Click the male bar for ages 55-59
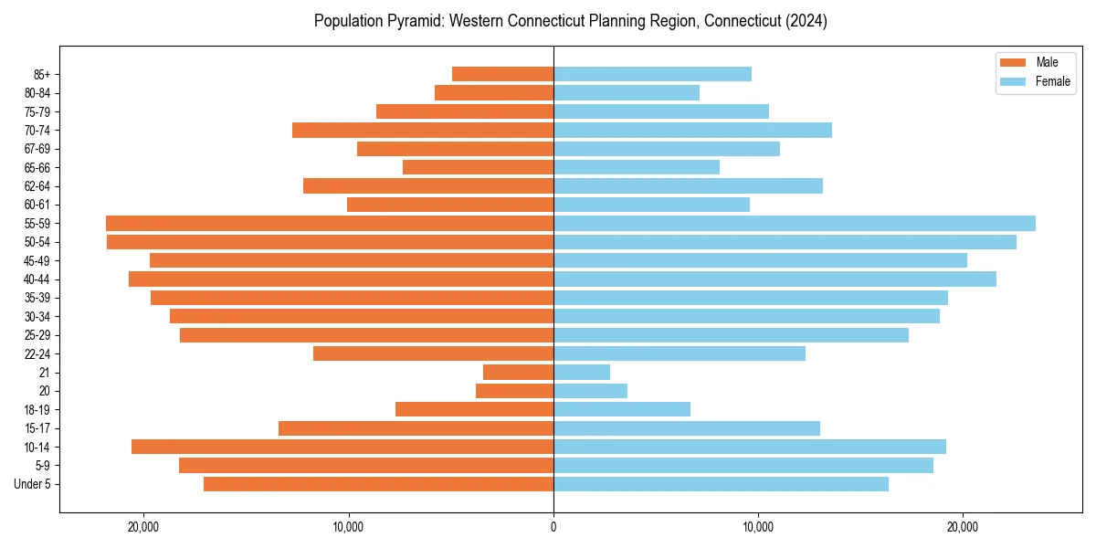tap(330, 223)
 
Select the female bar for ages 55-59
tap(795, 223)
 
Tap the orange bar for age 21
tap(518, 372)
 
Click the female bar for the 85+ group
tap(652, 74)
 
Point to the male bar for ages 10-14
tap(342, 447)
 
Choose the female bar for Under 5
tap(721, 484)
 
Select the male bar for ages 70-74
tap(423, 130)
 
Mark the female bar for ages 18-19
tap(622, 409)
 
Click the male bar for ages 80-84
tap(494, 92)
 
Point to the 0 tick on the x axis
tap(553, 527)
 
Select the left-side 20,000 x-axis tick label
tap(143, 527)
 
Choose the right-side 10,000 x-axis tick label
tap(758, 527)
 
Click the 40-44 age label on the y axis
tap(37, 279)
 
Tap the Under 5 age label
tap(33, 484)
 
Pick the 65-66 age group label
tap(37, 167)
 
